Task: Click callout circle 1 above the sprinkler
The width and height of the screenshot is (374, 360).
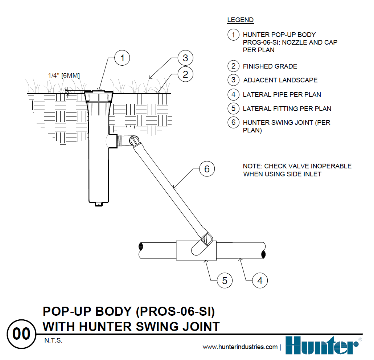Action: [123, 58]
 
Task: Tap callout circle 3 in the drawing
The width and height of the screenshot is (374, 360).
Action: [185, 58]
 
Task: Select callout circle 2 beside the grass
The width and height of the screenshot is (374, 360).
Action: [185, 75]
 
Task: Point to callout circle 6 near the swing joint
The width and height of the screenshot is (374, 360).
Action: [207, 169]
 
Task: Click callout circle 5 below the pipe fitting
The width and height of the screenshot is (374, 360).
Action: [225, 281]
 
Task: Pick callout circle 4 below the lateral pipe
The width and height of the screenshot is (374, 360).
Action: [260, 281]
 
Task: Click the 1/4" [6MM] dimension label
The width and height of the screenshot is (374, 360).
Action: [64, 75]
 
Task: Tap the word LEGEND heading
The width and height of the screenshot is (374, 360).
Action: [240, 20]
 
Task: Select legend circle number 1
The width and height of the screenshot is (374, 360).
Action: [233, 35]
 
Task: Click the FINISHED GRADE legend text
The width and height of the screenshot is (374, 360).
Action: [270, 66]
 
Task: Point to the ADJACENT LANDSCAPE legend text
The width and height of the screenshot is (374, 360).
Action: [280, 80]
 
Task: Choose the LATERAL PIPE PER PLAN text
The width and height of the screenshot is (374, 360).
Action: [282, 95]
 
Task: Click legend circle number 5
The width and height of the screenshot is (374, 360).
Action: [233, 109]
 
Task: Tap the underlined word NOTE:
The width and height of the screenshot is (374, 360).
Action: [252, 166]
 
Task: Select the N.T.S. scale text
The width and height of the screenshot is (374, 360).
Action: [54, 341]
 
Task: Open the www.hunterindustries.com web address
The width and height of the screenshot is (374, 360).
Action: [240, 347]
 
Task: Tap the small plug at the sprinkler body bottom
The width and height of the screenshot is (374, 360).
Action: [99, 204]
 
